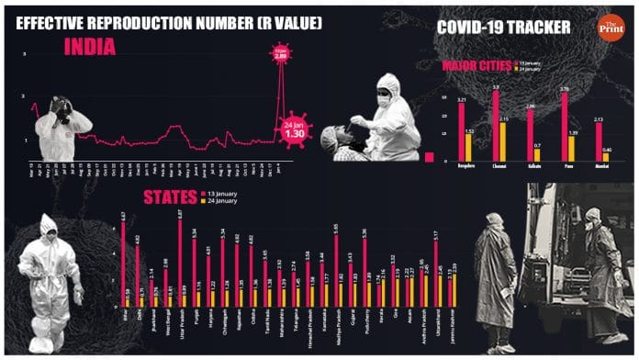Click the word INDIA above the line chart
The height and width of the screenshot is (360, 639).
tap(89, 47)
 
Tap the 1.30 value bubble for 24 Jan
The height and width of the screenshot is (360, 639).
tap(294, 130)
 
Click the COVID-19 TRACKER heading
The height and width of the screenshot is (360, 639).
tap(503, 28)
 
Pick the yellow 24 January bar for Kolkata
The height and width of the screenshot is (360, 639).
tap(537, 153)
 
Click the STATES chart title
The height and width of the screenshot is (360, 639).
tap(168, 197)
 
